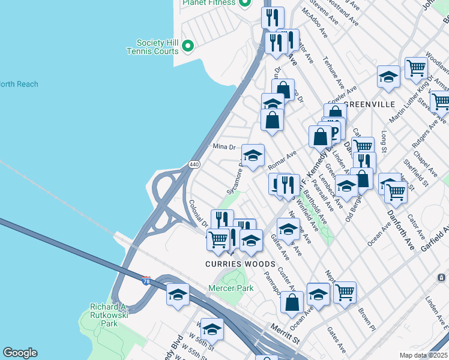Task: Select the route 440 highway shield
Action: click(194, 164)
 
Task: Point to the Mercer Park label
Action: click(231, 288)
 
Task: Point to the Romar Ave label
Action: click(283, 159)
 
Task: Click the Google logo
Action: click(20, 353)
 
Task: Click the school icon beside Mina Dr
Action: click(253, 156)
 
